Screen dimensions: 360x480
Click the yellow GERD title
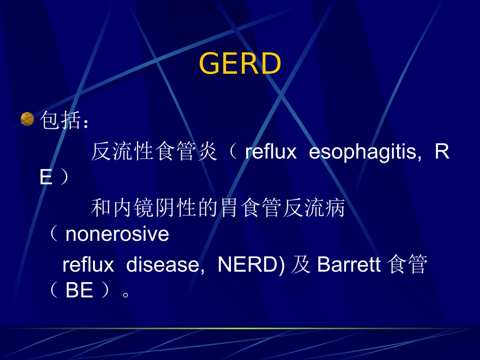point(240,64)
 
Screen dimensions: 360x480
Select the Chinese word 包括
point(60,121)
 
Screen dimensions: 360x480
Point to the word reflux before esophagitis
point(270,152)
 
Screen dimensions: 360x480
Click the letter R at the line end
point(442,152)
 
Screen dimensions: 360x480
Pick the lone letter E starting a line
point(46,178)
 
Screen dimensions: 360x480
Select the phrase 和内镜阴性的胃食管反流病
point(218,208)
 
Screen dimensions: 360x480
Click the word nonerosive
point(117,234)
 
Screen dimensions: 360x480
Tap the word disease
point(165,265)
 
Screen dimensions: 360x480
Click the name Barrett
point(349,265)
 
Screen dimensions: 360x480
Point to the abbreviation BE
point(79,291)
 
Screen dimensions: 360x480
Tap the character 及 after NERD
point(302,265)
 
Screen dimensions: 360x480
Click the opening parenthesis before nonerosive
point(54,234)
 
